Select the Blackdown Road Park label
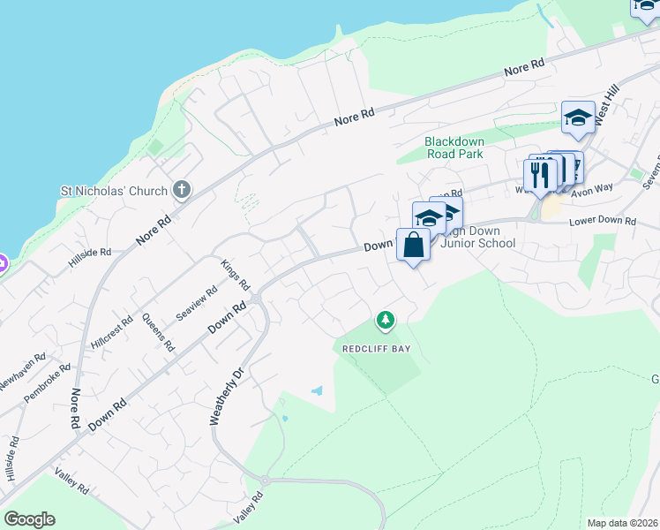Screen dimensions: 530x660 pyautogui.click(x=454, y=147)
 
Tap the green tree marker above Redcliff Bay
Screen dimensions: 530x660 pyautogui.click(x=384, y=319)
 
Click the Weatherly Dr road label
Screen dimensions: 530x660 pyautogui.click(x=223, y=398)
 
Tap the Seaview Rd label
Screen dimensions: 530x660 pyautogui.click(x=196, y=305)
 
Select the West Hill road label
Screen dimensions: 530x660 pyautogui.click(x=607, y=107)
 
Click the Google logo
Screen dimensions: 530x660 pyautogui.click(x=29, y=519)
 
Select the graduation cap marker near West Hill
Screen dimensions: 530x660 pyautogui.click(x=578, y=117)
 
